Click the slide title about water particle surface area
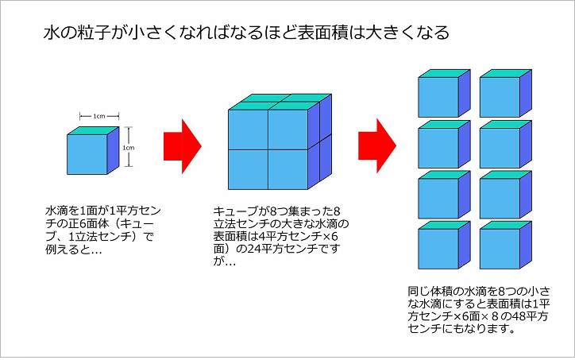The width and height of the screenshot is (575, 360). coord(246,33)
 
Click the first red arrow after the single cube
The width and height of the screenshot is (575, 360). coord(182,145)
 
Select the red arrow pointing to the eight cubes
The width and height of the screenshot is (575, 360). coord(376,145)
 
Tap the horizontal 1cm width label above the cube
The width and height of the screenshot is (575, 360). coord(99,116)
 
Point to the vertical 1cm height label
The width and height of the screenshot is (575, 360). coord(128,147)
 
